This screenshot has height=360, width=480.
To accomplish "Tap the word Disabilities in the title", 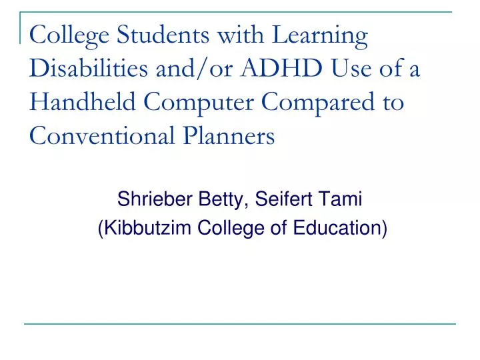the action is [x=89, y=67].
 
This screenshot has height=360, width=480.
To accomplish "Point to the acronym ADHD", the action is [x=281, y=68].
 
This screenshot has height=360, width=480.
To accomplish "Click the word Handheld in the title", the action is [x=83, y=101].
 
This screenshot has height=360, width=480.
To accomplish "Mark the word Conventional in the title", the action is [x=102, y=135].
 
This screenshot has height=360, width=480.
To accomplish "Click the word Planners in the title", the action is [x=229, y=135].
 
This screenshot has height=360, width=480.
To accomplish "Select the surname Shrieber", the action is [x=155, y=199].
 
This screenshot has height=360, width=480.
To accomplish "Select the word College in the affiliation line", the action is [x=231, y=229].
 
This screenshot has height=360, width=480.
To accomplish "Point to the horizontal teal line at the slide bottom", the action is [x=240, y=323].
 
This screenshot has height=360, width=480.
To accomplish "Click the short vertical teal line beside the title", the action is [x=20, y=28].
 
